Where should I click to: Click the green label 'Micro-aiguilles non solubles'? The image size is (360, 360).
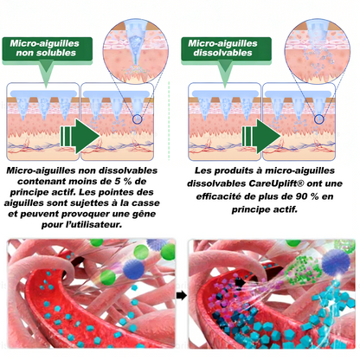[48, 48]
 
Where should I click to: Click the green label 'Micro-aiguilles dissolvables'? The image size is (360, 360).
[226, 48]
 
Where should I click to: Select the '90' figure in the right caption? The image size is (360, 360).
[301, 196]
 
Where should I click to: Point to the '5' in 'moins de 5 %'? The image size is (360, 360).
[114, 182]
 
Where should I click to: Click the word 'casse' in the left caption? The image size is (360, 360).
[145, 203]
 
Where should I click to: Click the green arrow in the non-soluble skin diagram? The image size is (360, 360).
[80, 136]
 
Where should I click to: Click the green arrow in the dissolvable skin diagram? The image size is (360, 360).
[261, 136]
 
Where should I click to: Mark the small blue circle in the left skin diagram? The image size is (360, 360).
[138, 119]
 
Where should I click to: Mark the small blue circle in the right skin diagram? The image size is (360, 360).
[318, 119]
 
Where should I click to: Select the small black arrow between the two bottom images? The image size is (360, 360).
[182, 295]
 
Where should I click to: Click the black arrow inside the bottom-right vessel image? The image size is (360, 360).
[240, 283]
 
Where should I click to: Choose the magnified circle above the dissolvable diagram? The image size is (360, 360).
[318, 51]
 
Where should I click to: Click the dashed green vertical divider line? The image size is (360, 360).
[169, 120]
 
